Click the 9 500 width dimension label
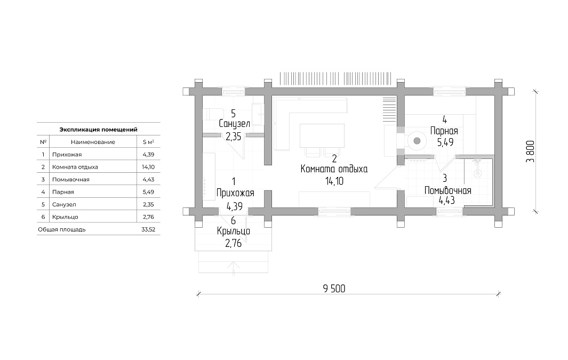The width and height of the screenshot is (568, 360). [x=334, y=289]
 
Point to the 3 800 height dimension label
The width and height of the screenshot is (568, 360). [x=530, y=151]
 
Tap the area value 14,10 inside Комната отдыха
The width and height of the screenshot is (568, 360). [x=334, y=181]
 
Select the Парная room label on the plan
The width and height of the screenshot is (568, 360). [x=444, y=131]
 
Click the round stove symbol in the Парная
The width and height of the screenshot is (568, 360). [x=417, y=140]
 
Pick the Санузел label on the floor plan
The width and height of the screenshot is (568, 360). [x=234, y=124]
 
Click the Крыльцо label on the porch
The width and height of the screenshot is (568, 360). [x=233, y=231]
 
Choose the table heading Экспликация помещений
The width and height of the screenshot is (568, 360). [x=98, y=129]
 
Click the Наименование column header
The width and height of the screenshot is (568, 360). [x=93, y=142]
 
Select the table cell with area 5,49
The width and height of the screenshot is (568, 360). [x=148, y=192]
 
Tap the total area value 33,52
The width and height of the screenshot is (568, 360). [x=148, y=229]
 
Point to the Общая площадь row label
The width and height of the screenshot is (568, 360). [x=61, y=229]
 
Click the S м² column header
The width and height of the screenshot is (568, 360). [x=148, y=142]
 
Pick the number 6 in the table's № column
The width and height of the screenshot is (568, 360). [x=43, y=217]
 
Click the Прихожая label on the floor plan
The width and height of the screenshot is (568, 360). [x=235, y=193]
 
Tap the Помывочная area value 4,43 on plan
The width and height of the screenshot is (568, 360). [x=446, y=201]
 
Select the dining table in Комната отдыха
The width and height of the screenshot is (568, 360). [x=322, y=135]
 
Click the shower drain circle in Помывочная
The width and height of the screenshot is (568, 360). [x=478, y=173]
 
